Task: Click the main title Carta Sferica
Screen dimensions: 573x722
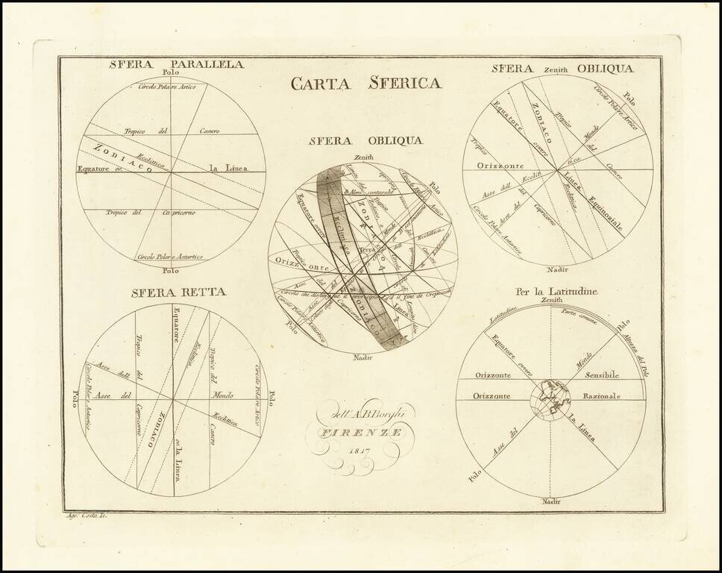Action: pos(365,83)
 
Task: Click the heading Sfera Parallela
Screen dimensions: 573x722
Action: pos(176,64)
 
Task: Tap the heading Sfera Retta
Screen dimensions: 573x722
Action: pos(178,292)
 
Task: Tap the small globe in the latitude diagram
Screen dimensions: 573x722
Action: pos(550,399)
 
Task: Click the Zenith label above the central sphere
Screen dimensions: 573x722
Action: pos(364,157)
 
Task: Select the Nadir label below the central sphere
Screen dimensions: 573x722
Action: pos(364,357)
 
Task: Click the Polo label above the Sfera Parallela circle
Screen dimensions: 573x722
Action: pos(171,73)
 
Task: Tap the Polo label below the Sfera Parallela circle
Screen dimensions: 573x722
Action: pos(171,271)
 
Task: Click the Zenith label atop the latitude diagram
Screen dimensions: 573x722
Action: pos(552,300)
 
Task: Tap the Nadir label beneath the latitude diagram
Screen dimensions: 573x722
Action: pos(550,501)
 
